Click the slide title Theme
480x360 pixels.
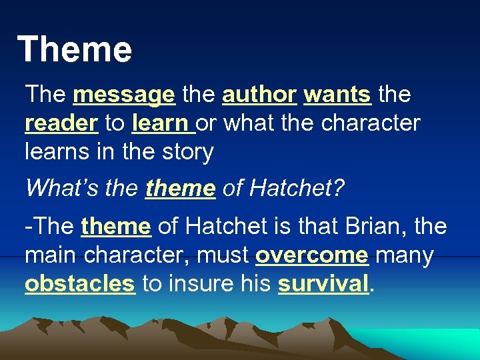tap(75, 50)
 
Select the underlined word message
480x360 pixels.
tap(124, 95)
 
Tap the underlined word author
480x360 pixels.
tap(259, 95)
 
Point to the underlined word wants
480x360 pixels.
tap(337, 95)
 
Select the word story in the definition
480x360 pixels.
tap(186, 153)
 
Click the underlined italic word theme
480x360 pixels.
tap(181, 188)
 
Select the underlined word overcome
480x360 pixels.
tap(311, 255)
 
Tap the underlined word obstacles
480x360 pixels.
tap(79, 284)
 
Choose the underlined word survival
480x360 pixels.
tap(323, 284)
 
